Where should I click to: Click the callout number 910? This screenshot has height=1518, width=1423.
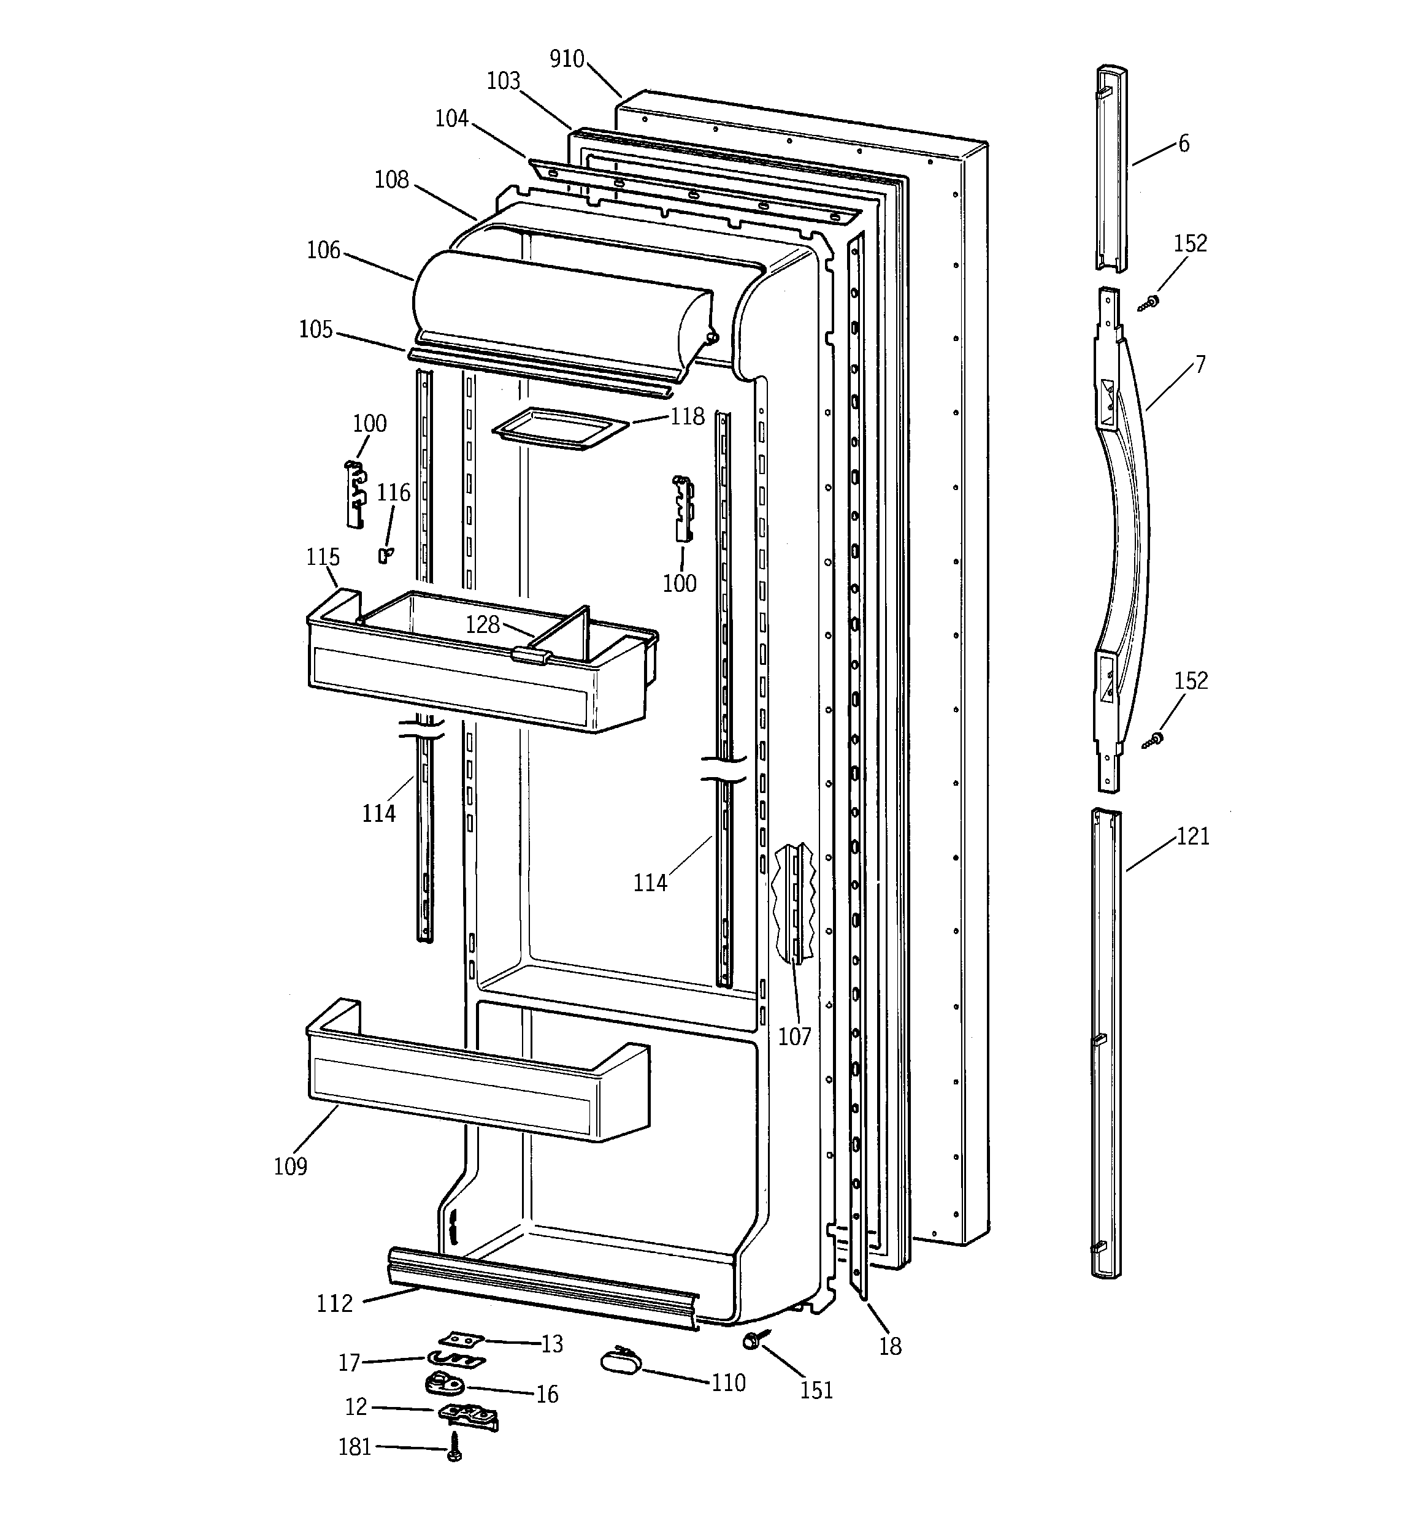[566, 59]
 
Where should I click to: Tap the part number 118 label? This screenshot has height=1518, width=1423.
[688, 416]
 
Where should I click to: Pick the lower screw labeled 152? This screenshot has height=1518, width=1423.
[1153, 739]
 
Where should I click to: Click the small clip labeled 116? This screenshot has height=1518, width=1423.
[386, 554]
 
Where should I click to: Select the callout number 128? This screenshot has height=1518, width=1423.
[483, 624]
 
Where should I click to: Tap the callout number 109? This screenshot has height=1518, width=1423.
[290, 1166]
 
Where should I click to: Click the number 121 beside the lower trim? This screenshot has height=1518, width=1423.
[1192, 837]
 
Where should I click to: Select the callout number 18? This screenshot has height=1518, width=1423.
[890, 1346]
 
